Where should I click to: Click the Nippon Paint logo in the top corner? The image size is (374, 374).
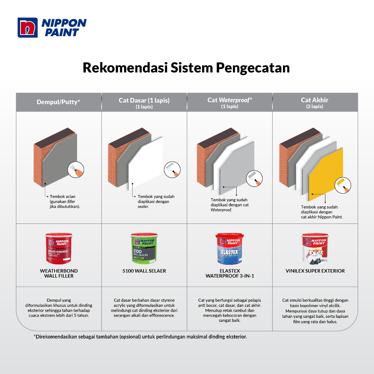(x=52, y=27)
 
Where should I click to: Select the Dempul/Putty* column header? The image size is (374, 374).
(x=58, y=102)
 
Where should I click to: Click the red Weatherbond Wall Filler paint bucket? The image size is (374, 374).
(x=59, y=248)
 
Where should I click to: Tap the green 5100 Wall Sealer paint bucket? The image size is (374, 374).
(x=144, y=248)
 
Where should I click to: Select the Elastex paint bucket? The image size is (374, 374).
(x=229, y=248)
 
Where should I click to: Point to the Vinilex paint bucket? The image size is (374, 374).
(x=315, y=248)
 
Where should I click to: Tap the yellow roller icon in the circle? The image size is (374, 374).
(x=343, y=185)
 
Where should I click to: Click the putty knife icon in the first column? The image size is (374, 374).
(x=76, y=170)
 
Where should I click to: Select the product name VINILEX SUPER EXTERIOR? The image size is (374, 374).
(x=315, y=271)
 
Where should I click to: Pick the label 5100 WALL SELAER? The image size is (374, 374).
(x=144, y=271)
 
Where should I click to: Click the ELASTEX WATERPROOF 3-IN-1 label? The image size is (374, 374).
(x=230, y=273)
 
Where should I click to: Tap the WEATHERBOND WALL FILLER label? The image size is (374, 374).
(x=59, y=273)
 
